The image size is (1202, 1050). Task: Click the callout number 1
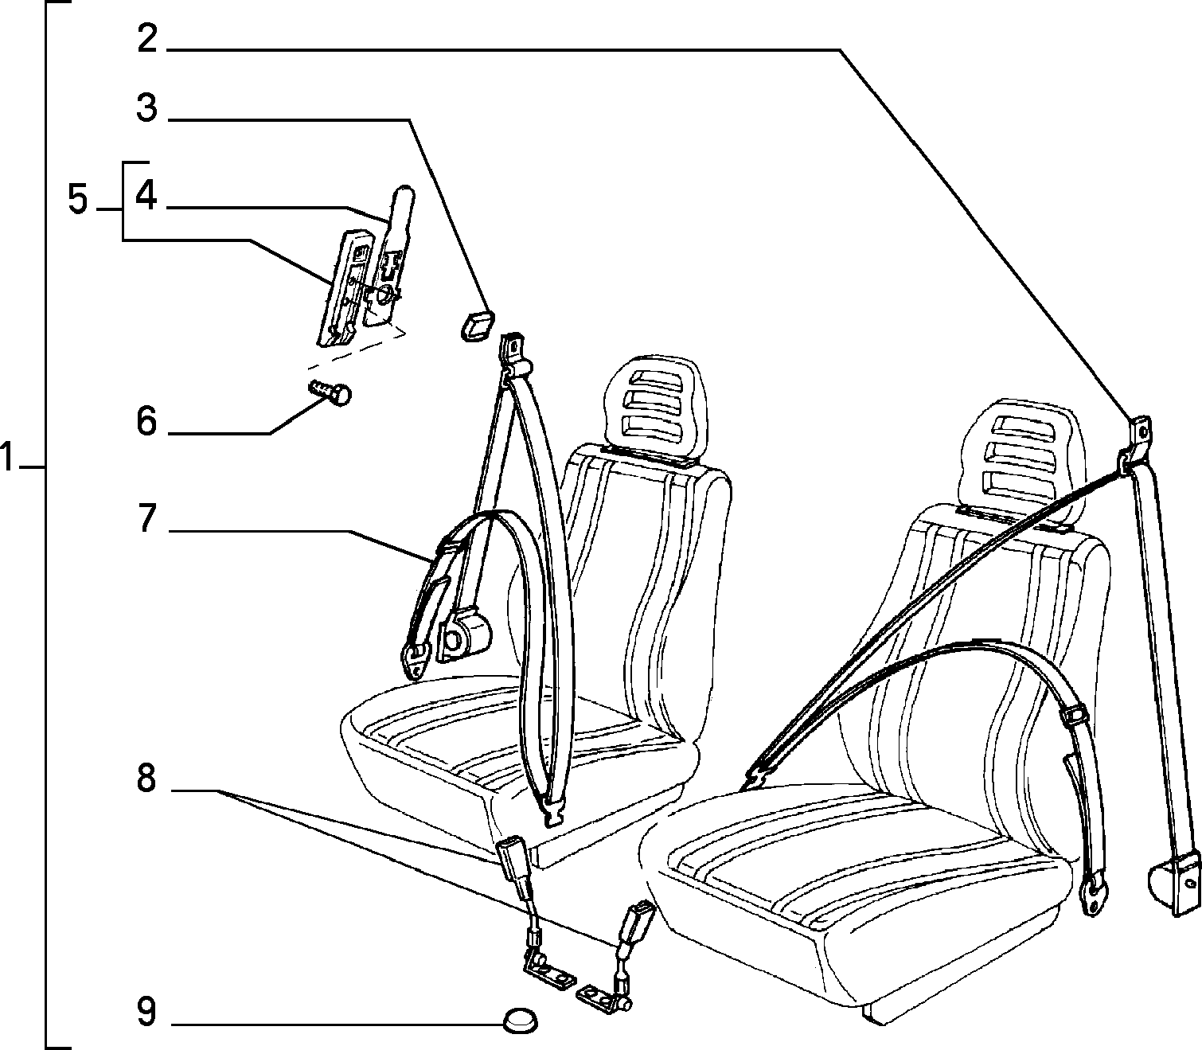point(6,459)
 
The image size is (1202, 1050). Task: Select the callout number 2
point(147,39)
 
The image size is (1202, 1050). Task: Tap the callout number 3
point(147,108)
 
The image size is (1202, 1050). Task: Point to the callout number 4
point(146,195)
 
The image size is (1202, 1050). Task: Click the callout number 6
point(147,421)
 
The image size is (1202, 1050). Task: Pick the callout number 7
point(147,517)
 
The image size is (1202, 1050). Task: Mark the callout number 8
point(147,778)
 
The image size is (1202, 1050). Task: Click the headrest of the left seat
point(654,397)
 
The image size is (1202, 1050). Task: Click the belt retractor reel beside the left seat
point(466,635)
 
